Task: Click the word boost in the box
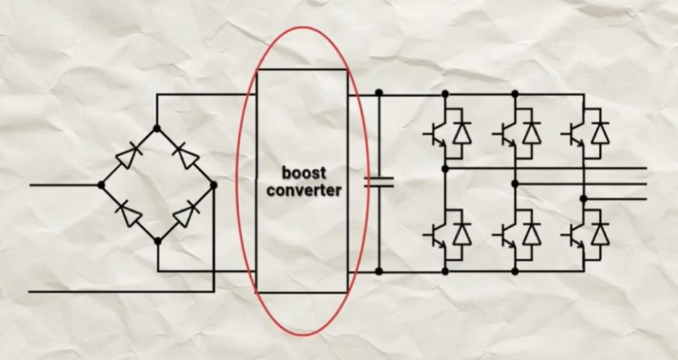(304, 174)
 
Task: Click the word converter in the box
(304, 191)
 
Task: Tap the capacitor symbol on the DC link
(378, 181)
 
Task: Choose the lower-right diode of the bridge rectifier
(186, 213)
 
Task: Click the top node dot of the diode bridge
(157, 128)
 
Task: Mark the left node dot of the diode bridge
(101, 185)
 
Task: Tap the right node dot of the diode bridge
(213, 185)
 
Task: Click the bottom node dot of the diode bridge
(158, 241)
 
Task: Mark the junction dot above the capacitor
(378, 94)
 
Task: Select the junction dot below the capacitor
(378, 271)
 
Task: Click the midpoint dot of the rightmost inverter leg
(584, 197)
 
